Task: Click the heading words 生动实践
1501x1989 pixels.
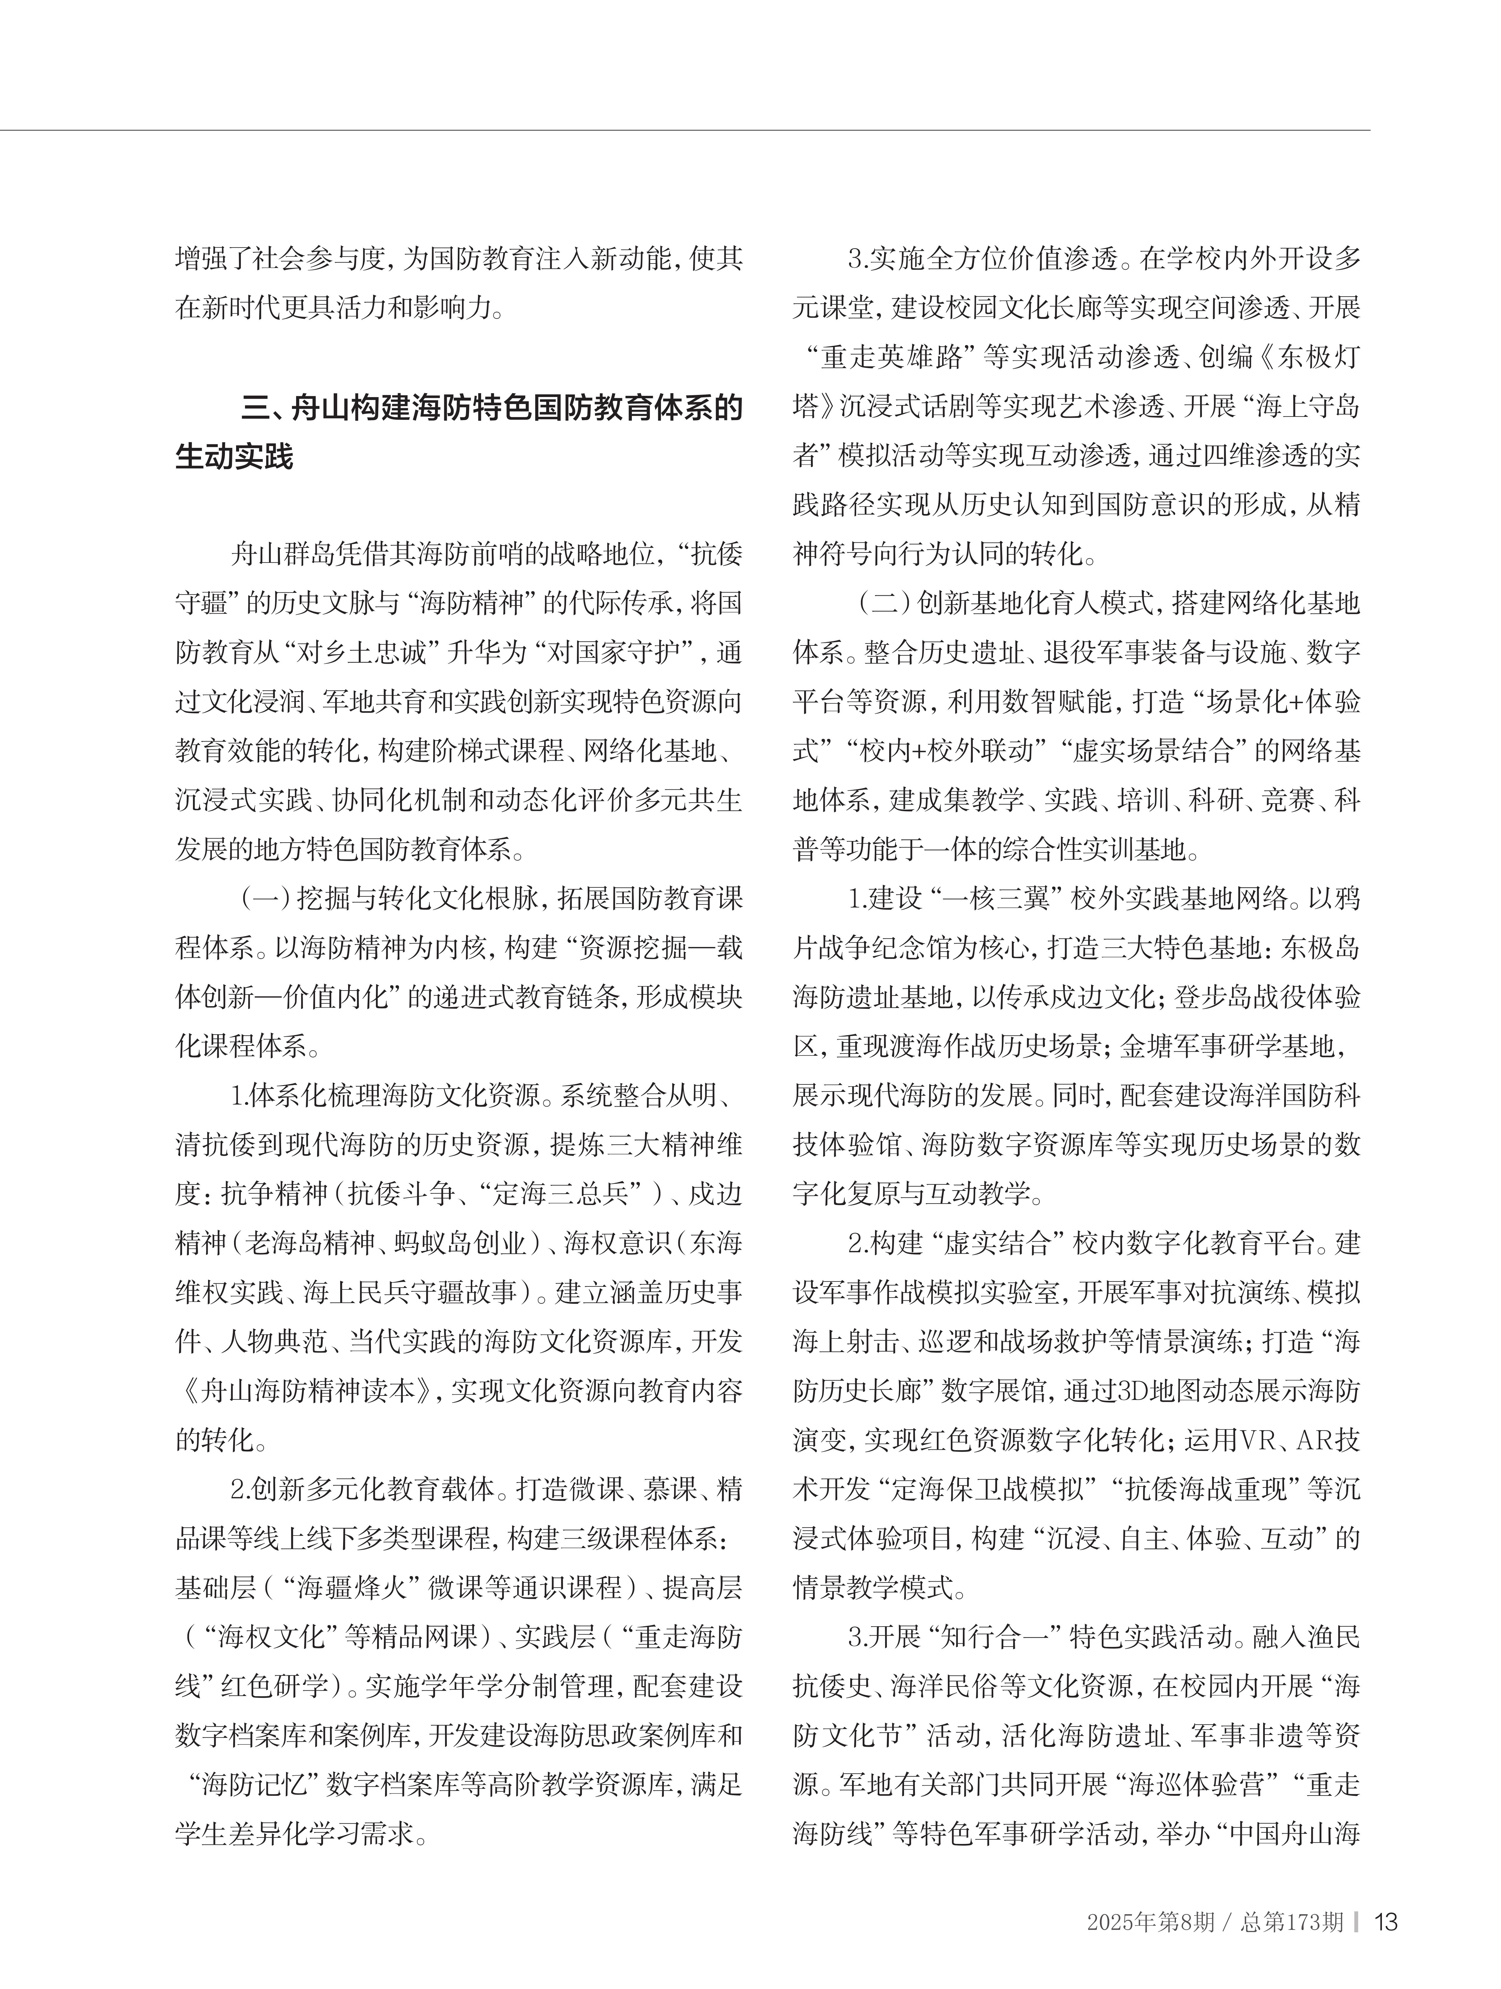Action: click(234, 457)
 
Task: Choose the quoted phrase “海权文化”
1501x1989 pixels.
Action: click(270, 1637)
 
